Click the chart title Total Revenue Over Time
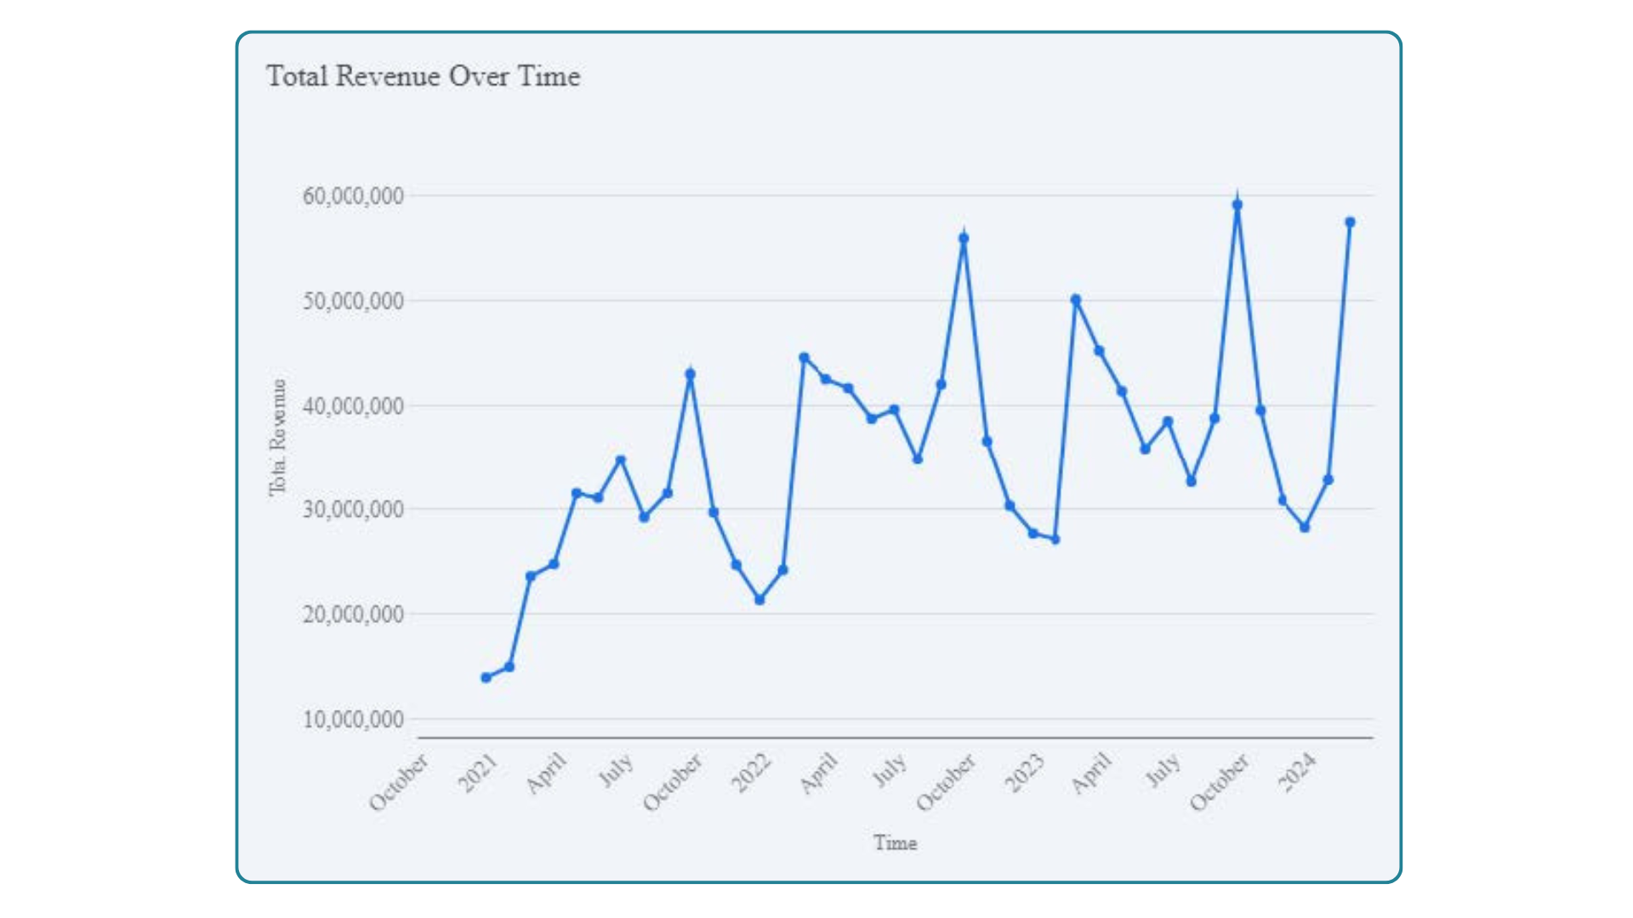pyautogui.click(x=423, y=76)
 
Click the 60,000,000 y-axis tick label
pyautogui.click(x=353, y=196)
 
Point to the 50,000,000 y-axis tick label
pyautogui.click(x=353, y=301)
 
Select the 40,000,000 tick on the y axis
pyautogui.click(x=353, y=406)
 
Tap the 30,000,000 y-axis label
pyautogui.click(x=353, y=509)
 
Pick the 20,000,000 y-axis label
pyautogui.click(x=353, y=614)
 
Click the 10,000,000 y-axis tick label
pyautogui.click(x=353, y=719)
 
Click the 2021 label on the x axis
pyautogui.click(x=478, y=773)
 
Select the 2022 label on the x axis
pyautogui.click(x=751, y=773)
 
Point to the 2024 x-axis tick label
pyautogui.click(x=1298, y=773)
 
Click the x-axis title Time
pyautogui.click(x=895, y=842)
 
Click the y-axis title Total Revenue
pyautogui.click(x=277, y=438)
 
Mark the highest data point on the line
pyautogui.click(x=1238, y=205)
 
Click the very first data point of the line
pyautogui.click(x=486, y=677)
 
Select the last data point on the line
pyautogui.click(x=1350, y=222)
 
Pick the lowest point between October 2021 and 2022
pyautogui.click(x=760, y=599)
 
